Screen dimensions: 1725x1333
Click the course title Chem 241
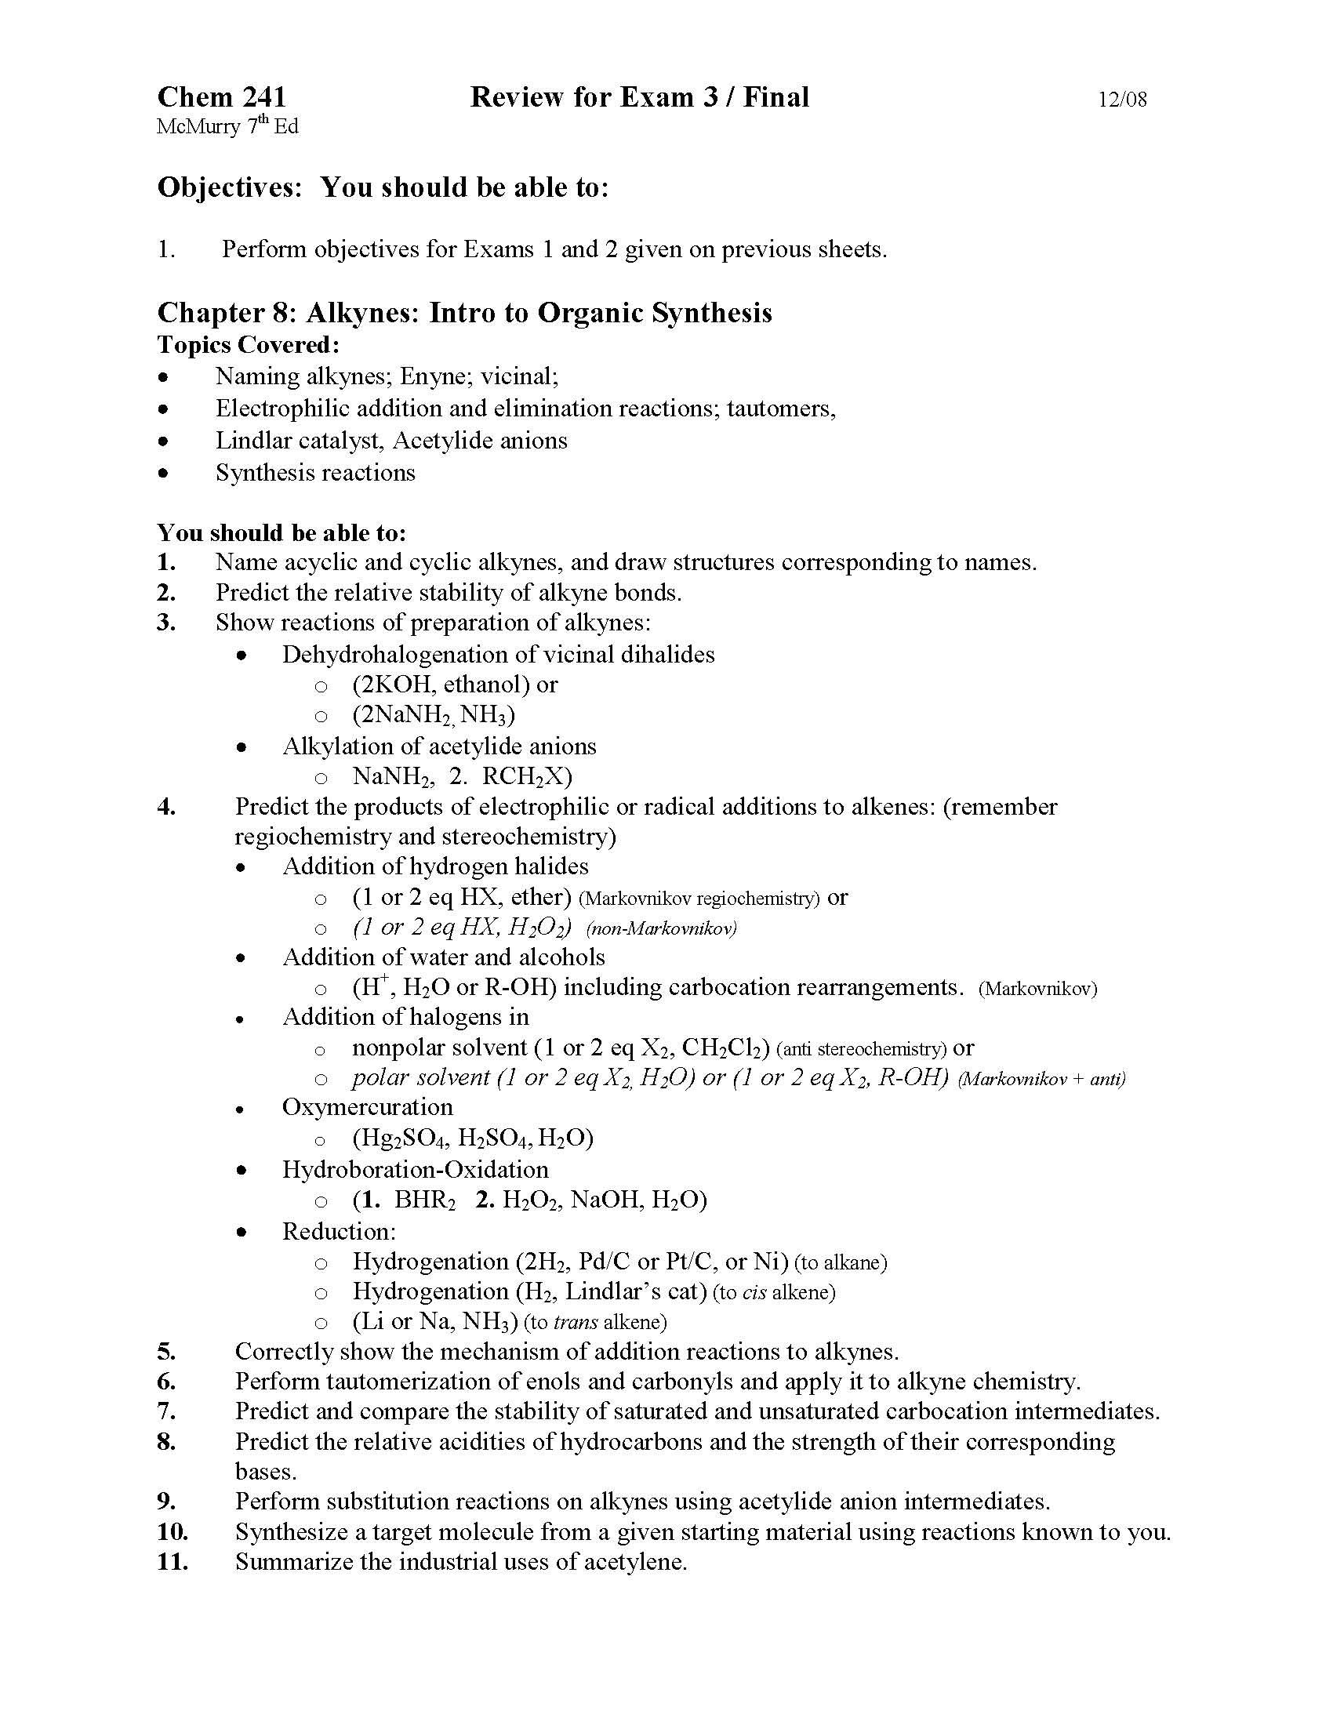pyautogui.click(x=221, y=97)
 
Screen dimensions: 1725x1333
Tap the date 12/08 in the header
pyautogui.click(x=1122, y=100)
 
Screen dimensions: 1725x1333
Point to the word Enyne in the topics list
pyautogui.click(x=431, y=376)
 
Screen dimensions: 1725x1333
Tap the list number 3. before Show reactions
pyautogui.click(x=165, y=623)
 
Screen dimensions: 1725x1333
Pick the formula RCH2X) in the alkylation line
pyautogui.click(x=527, y=776)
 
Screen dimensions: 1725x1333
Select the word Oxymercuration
pyautogui.click(x=367, y=1107)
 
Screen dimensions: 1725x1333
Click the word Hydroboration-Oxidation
pyautogui.click(x=416, y=1169)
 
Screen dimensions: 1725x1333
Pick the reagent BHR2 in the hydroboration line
pyautogui.click(x=425, y=1200)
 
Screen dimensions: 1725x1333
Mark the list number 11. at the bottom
pyautogui.click(x=173, y=1561)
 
